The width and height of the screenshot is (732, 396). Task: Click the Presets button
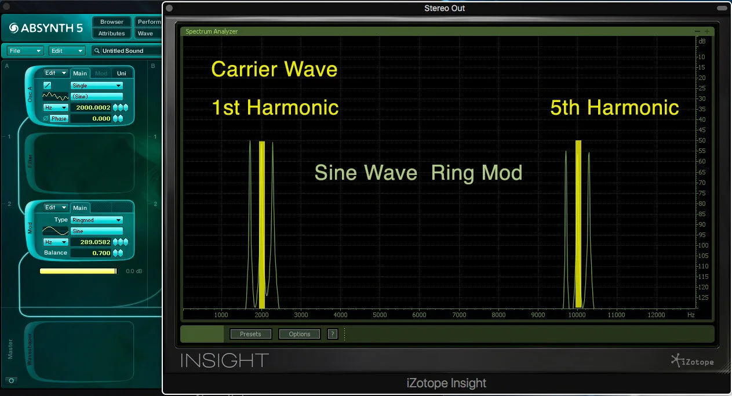click(250, 334)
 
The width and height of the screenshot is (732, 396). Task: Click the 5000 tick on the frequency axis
click(380, 315)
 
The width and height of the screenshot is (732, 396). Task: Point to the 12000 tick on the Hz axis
click(656, 315)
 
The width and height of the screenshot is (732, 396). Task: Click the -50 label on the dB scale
click(702, 140)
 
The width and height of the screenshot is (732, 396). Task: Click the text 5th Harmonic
click(614, 108)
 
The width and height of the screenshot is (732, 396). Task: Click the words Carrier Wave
click(274, 70)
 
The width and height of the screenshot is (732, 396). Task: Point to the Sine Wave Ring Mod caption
click(418, 173)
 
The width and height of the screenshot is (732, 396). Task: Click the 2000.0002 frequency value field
click(93, 108)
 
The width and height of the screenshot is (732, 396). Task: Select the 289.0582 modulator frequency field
click(93, 242)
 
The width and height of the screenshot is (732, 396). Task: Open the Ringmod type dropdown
click(96, 220)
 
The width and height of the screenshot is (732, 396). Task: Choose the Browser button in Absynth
click(111, 22)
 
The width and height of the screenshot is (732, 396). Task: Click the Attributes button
click(111, 34)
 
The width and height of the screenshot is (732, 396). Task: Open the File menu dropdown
click(26, 51)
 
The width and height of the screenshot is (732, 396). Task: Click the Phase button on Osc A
click(59, 119)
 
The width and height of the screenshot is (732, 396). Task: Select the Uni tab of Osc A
click(121, 73)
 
